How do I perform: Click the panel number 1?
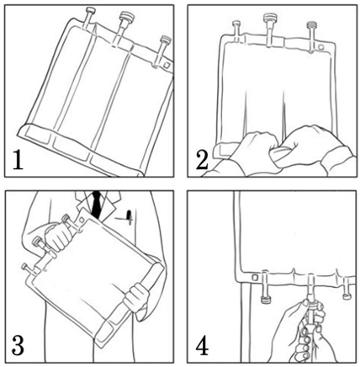point(18,161)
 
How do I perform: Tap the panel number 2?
point(202,161)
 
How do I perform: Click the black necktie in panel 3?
point(97,204)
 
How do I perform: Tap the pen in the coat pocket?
point(130,217)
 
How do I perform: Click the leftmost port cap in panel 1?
point(90,11)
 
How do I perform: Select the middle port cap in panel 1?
point(127,17)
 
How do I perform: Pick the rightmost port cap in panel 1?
point(166,40)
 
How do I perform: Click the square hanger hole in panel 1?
point(167,65)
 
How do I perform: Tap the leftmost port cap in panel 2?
point(236,23)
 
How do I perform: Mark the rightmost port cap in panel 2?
point(311,24)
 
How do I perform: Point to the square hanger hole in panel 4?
point(255,278)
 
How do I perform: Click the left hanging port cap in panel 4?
point(265,300)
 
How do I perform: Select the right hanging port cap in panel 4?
point(346,295)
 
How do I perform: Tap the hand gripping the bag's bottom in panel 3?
point(137,298)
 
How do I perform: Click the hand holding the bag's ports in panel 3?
point(59,236)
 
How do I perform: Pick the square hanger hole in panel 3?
point(82,221)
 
